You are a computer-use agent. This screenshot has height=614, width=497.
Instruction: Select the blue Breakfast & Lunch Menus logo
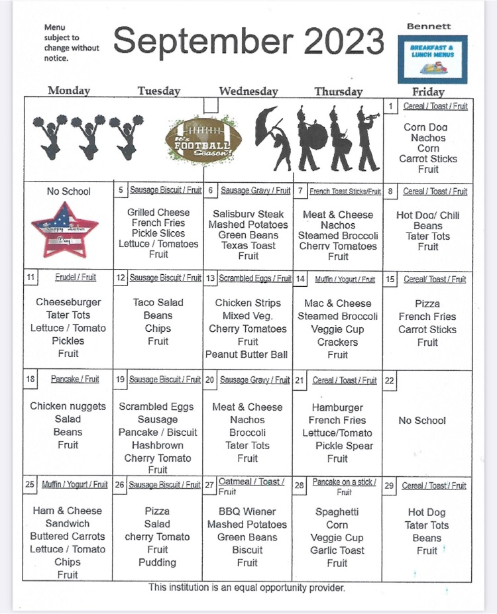(x=437, y=59)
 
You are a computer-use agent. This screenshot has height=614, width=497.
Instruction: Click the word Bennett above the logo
(x=429, y=26)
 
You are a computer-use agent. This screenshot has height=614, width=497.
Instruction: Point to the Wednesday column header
(x=248, y=91)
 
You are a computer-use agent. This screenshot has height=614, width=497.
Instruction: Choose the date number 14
(x=300, y=280)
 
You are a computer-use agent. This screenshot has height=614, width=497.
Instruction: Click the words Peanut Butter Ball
(x=247, y=354)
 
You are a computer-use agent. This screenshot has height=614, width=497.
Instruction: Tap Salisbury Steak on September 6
(x=248, y=214)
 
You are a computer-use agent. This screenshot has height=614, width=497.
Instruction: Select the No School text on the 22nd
(x=422, y=421)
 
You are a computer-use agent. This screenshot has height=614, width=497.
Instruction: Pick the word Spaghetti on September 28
(x=337, y=512)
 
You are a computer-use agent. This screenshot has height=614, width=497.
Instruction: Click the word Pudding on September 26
(x=157, y=562)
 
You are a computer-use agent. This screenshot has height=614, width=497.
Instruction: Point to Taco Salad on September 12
(x=158, y=303)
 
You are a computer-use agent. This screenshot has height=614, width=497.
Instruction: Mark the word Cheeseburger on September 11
(x=68, y=303)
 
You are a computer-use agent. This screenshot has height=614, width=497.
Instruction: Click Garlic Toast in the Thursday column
(x=337, y=550)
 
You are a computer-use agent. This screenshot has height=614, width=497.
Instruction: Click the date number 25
(x=30, y=485)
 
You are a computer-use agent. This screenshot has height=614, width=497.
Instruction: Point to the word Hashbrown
(x=157, y=445)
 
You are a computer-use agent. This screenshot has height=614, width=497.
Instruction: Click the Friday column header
(x=427, y=91)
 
